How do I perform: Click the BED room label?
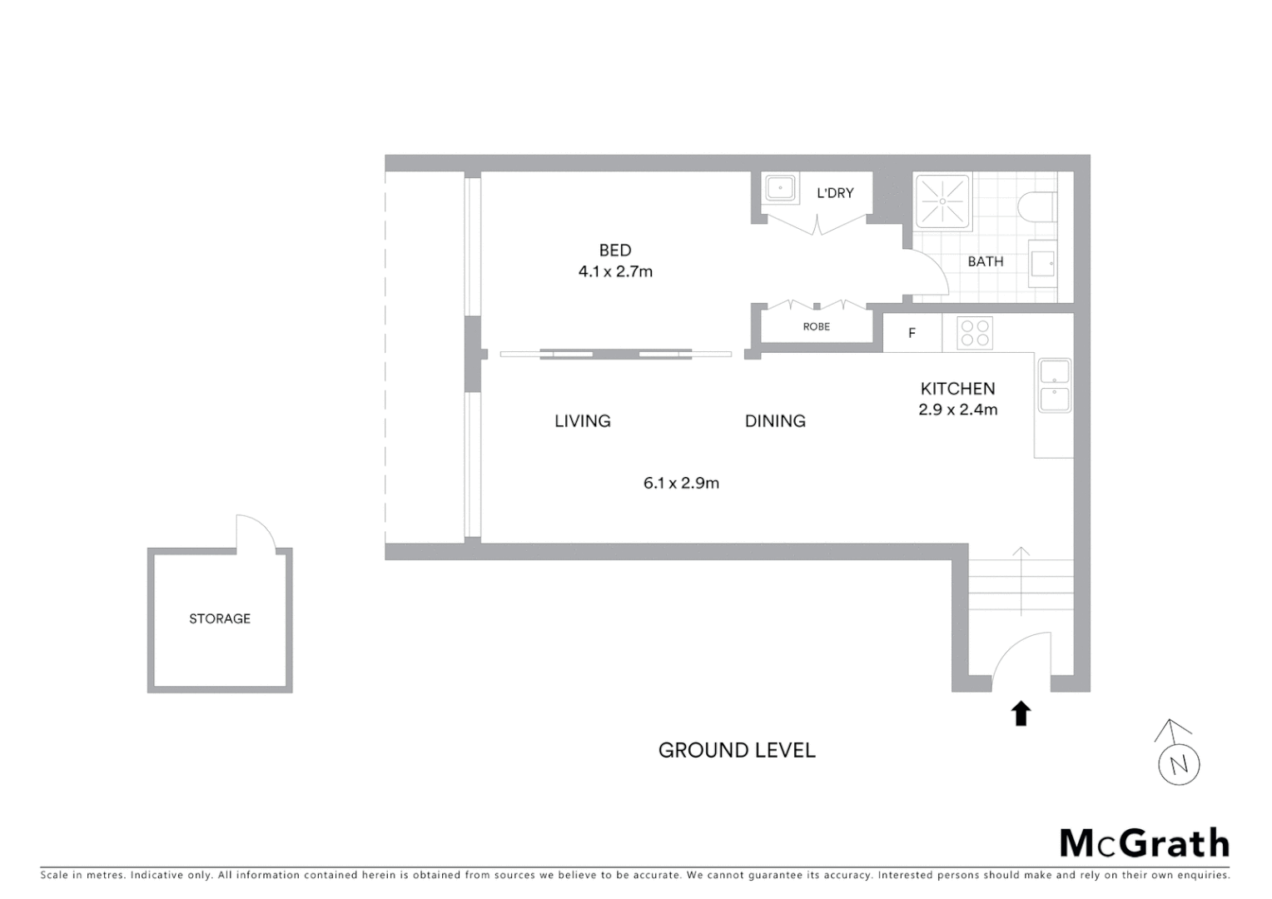615,250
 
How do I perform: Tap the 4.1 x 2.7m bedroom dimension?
615,271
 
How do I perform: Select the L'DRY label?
835,193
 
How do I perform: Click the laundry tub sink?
780,188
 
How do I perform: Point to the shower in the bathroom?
942,201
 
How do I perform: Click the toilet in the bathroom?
1039,206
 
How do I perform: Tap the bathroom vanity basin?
1043,264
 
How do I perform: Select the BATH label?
985,261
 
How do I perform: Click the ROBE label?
816,326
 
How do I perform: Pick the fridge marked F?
912,333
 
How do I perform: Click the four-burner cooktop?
975,333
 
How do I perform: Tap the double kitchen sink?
1054,385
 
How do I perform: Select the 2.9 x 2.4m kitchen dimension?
957,410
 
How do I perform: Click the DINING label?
775,421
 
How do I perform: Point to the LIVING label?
583,421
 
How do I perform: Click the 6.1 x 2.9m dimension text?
681,483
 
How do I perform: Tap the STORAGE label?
220,618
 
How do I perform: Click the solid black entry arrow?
1021,713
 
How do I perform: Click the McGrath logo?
1144,843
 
